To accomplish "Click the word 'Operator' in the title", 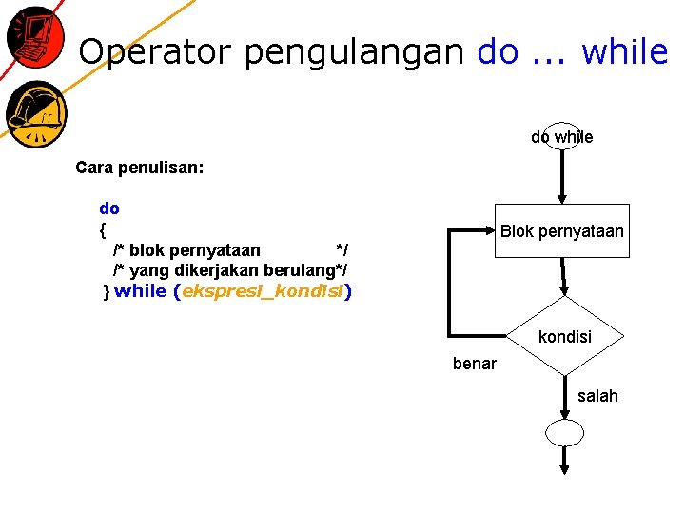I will coord(155,51).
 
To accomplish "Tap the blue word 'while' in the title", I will coord(624,51).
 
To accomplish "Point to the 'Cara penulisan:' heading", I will coord(139,168).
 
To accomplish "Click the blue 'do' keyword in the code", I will coord(109,208).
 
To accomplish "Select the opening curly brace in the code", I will coord(103,229).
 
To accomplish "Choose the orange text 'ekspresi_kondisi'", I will coord(262,291).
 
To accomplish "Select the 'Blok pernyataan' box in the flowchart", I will coord(561,231).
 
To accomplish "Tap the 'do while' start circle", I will coord(561,137).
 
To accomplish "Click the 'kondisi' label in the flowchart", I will coord(564,337).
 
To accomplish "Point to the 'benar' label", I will coord(475,363).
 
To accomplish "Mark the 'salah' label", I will coord(597,396).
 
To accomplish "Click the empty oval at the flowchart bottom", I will coord(564,433).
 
